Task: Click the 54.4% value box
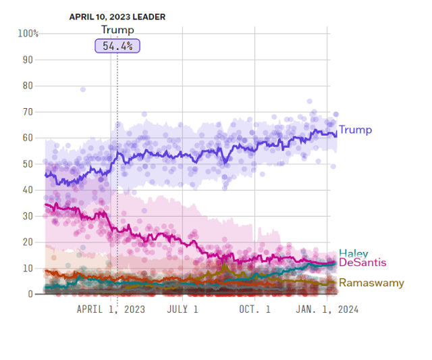117,45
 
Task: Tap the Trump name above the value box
117,30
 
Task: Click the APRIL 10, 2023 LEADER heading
117,16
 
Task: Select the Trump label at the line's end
355,130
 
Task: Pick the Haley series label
353,254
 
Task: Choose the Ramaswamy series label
371,282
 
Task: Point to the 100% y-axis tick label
28,34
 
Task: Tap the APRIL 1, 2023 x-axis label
110,309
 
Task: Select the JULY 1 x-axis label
182,309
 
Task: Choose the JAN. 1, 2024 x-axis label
327,309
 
